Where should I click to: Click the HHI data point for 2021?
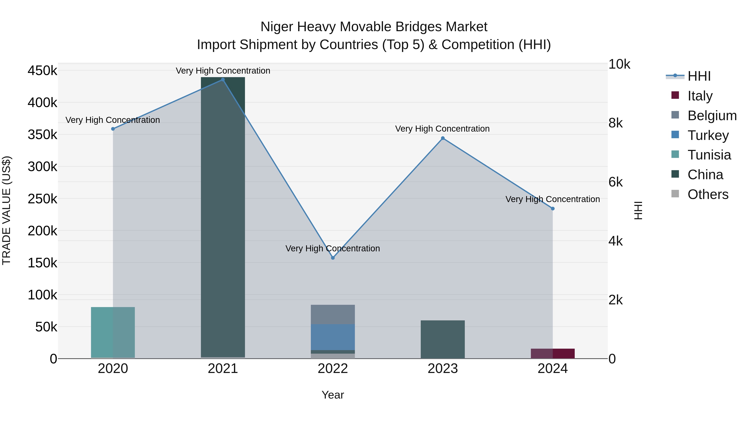[223, 80]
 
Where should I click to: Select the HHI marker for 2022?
[333, 258]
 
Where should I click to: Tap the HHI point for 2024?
[552, 209]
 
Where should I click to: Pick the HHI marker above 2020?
[113, 129]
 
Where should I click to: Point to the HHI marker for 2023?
[443, 138]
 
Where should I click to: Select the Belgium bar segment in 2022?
[333, 314]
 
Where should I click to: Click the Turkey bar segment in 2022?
[333, 337]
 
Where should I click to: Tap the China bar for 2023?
[443, 339]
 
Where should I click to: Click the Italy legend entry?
[700, 96]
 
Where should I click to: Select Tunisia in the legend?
[709, 155]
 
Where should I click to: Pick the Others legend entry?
[708, 194]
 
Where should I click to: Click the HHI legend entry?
[699, 76]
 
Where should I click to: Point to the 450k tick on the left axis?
[42, 71]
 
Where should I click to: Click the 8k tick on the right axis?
[615, 123]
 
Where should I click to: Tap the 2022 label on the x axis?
[333, 369]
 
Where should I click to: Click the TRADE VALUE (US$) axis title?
[6, 211]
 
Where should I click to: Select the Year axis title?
[333, 395]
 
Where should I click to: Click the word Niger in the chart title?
[277, 27]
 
